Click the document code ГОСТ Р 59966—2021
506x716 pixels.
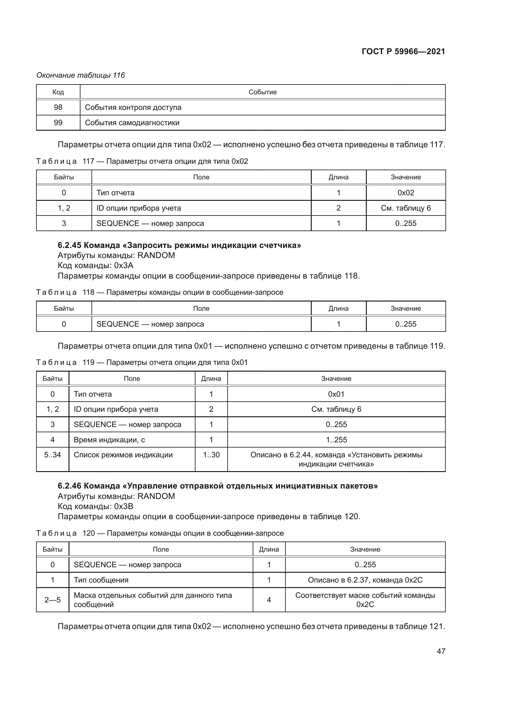[x=403, y=51]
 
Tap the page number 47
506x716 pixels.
[x=441, y=651]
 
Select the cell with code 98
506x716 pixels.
[x=58, y=107]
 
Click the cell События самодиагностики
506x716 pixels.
[x=132, y=122]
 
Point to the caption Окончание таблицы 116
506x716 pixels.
[x=80, y=75]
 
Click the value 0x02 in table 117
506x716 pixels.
[x=406, y=193]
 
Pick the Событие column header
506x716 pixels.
[x=262, y=92]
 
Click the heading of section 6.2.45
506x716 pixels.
[x=179, y=245]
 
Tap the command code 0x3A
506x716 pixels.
[x=124, y=265]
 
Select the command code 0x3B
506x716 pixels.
[x=124, y=506]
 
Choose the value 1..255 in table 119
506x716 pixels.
[x=336, y=440]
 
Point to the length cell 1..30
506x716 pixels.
[x=211, y=455]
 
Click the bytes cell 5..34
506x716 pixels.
[x=52, y=455]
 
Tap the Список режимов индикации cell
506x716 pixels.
[x=123, y=455]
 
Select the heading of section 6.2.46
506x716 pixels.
[x=218, y=486]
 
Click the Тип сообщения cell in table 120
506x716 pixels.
[x=101, y=580]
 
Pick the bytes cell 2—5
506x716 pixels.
[x=52, y=600]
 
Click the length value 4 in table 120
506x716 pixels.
[x=269, y=600]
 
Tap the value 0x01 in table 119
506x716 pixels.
[x=336, y=394]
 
